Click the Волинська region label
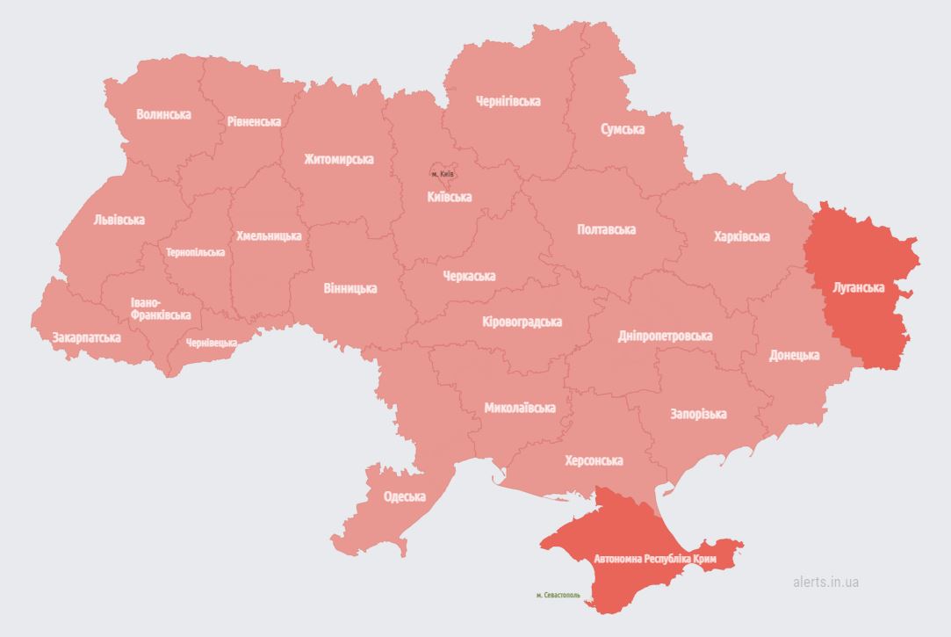point(163,114)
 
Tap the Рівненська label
point(254,122)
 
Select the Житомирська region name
point(338,159)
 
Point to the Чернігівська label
point(508,101)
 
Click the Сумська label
point(622,129)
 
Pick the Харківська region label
point(741,236)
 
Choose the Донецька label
point(794,355)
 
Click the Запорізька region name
point(698,414)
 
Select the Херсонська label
point(594,460)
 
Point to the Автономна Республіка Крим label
point(655,559)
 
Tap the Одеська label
point(404,496)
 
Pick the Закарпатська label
point(86,337)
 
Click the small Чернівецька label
point(211,343)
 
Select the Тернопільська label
point(195,252)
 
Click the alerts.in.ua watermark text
point(825,582)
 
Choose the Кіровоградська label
point(522,322)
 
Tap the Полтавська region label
point(606,229)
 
